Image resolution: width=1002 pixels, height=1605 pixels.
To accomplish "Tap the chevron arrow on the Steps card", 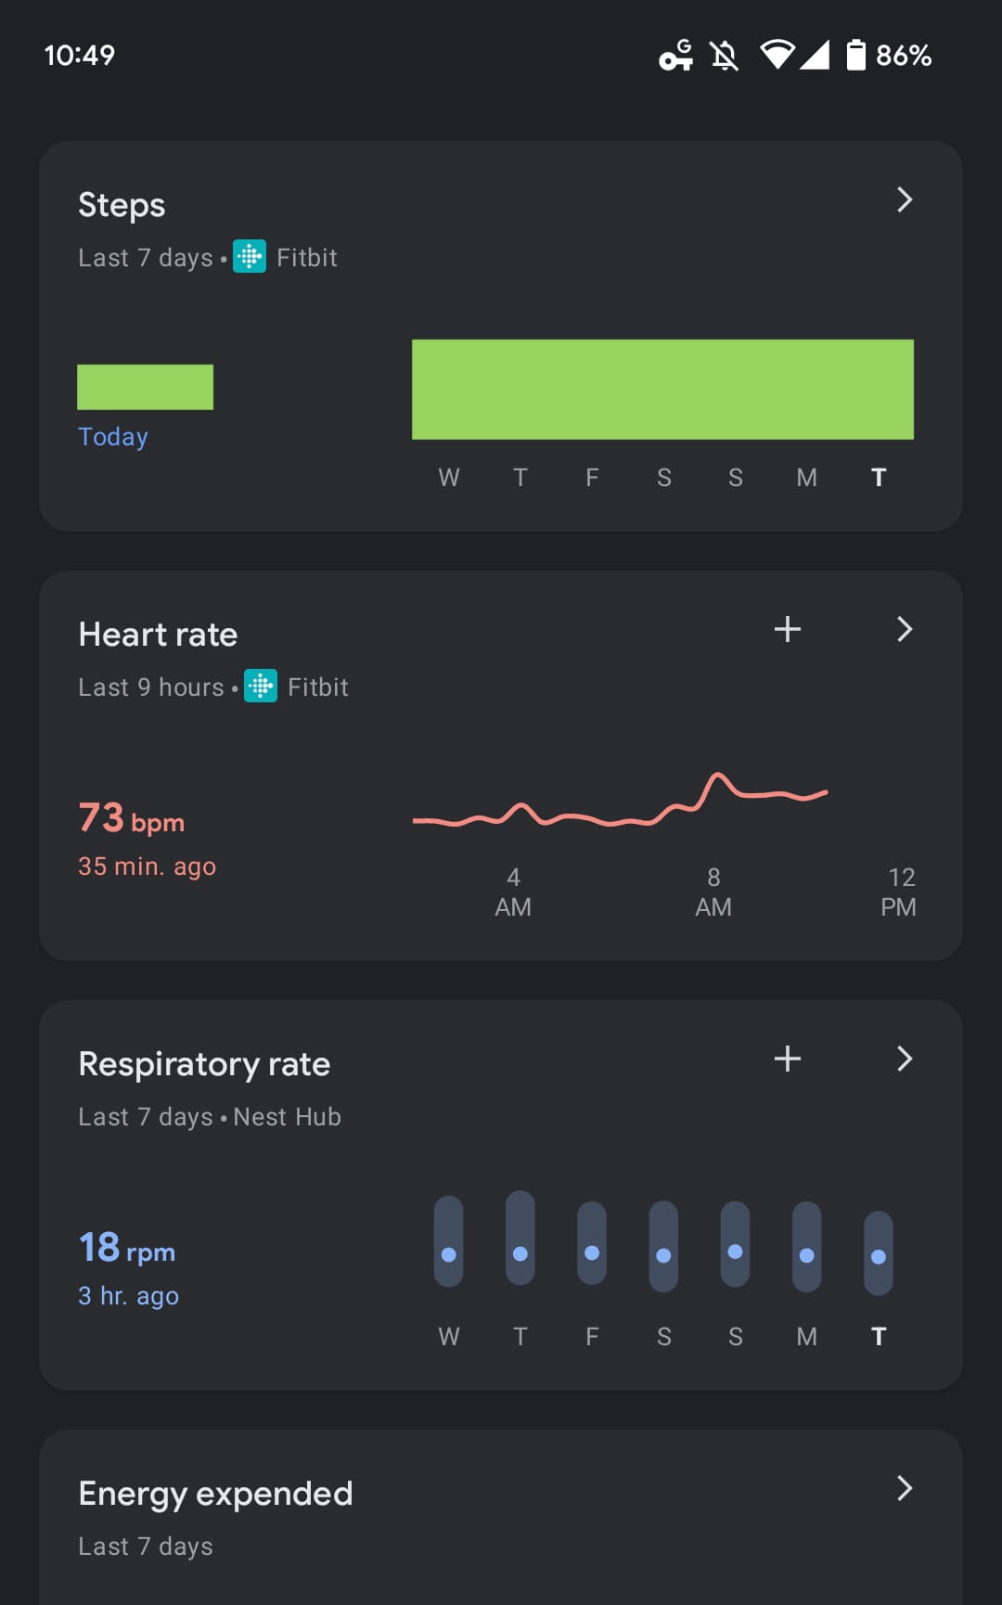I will [x=905, y=199].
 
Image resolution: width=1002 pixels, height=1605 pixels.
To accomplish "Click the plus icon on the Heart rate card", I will [x=787, y=629].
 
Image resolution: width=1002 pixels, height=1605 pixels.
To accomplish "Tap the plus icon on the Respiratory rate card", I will [x=787, y=1059].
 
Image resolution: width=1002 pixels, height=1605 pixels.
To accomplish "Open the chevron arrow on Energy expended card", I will [x=905, y=1488].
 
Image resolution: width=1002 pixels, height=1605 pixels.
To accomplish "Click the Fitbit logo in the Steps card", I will [x=250, y=257].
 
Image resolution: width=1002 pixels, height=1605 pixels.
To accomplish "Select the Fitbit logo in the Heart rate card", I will [x=261, y=687].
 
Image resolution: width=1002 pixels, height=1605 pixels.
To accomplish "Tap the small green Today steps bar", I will [x=145, y=387].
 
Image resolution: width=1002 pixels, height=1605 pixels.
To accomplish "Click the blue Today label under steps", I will [x=113, y=437].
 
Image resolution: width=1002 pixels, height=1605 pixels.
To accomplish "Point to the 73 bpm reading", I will [x=132, y=819].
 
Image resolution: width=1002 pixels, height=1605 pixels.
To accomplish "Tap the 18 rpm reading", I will [x=127, y=1249].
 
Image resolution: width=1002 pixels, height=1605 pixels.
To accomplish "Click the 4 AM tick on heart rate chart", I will [x=513, y=892].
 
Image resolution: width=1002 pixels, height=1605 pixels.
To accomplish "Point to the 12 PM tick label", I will [x=899, y=892].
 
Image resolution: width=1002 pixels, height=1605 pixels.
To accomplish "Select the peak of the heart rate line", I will [x=717, y=774].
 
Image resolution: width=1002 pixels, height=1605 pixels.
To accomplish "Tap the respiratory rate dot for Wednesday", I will [x=449, y=1254].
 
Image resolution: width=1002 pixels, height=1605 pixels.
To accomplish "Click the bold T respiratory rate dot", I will [x=879, y=1257].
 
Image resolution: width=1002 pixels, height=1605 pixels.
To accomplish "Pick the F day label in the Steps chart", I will [x=592, y=478].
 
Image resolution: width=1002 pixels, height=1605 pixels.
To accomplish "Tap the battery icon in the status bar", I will [x=855, y=56].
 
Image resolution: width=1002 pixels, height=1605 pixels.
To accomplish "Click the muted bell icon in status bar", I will [x=725, y=56].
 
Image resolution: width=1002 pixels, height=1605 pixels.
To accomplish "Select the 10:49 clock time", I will [x=80, y=56].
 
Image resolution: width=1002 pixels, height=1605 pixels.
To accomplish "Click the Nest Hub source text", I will [x=288, y=1117].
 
